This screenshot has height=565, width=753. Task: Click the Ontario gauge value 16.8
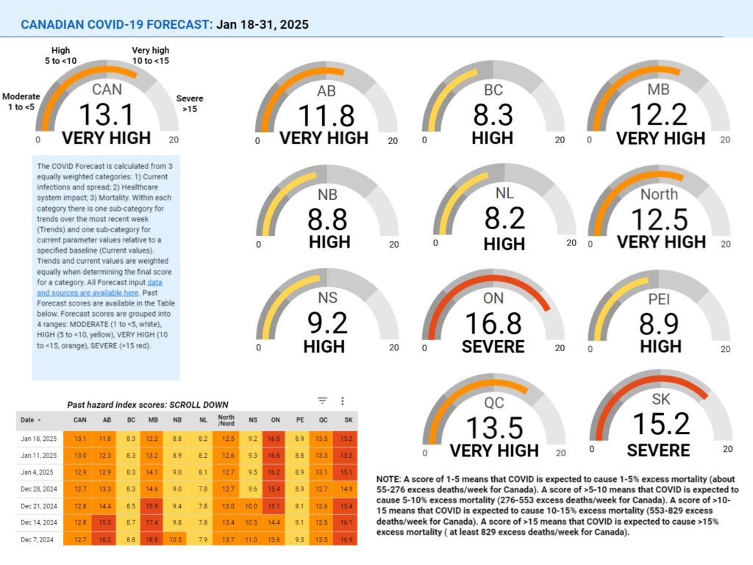pos(493,323)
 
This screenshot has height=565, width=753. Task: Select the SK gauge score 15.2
pos(661,425)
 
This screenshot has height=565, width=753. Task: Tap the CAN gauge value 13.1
pos(106,115)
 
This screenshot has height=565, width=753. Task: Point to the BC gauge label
pos(493,90)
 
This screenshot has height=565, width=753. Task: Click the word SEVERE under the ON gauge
pos(493,346)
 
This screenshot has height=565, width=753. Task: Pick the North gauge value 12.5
pos(660,219)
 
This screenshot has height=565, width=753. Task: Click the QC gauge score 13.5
pos(494,426)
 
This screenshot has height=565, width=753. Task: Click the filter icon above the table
pos(322,400)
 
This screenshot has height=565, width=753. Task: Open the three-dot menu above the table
pos(343,400)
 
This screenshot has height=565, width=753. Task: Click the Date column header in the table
pos(30,420)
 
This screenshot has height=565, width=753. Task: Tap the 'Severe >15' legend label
pos(190,104)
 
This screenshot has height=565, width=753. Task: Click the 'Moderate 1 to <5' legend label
pos(21,102)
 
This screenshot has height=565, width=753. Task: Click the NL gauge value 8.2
pos(504,219)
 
